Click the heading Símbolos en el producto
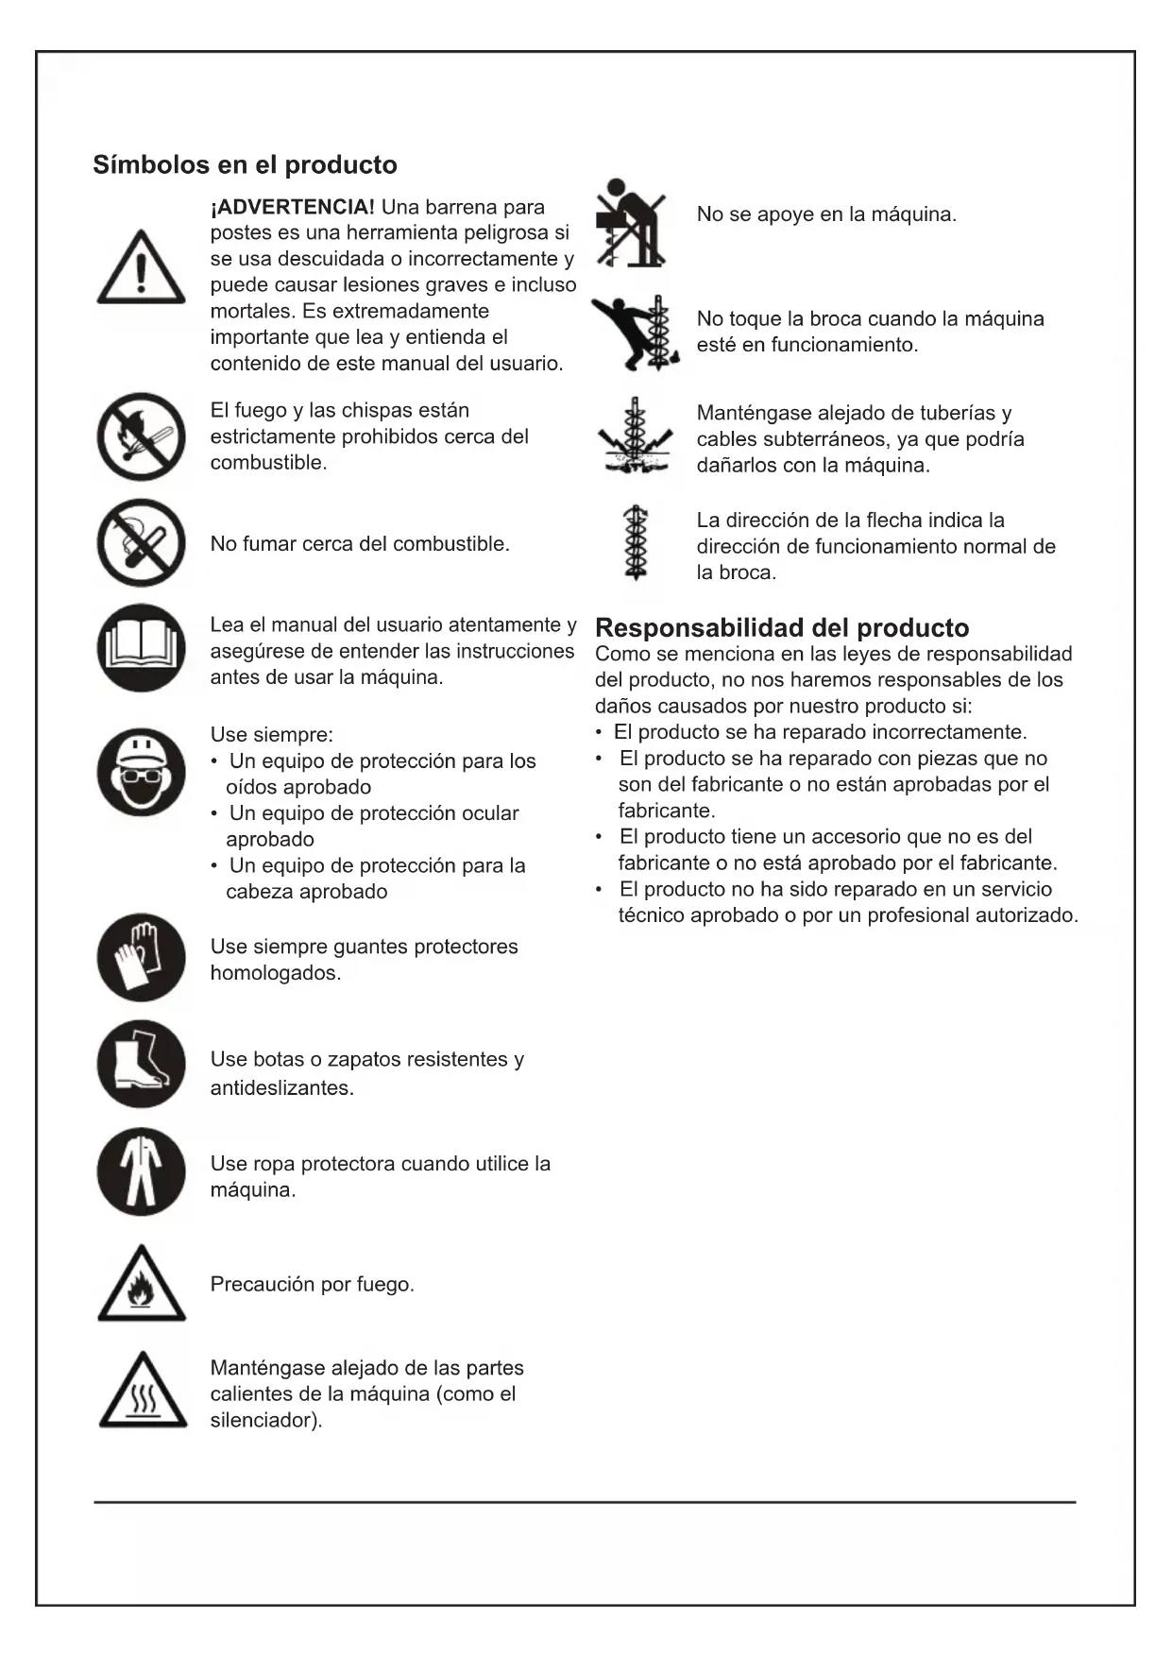click(x=245, y=164)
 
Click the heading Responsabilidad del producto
click(x=782, y=627)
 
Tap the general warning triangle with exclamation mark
click(x=141, y=269)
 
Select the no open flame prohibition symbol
click(x=141, y=436)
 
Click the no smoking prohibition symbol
click(x=141, y=543)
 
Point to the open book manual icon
click(x=141, y=648)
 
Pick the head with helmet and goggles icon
click(x=141, y=772)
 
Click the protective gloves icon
click(x=141, y=957)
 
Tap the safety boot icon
click(x=141, y=1064)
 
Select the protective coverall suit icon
click(x=141, y=1171)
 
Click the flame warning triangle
click(x=142, y=1286)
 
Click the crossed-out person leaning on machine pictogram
click(x=630, y=223)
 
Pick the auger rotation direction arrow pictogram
click(x=636, y=543)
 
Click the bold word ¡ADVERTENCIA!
click(x=293, y=207)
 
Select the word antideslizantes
click(x=280, y=1087)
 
